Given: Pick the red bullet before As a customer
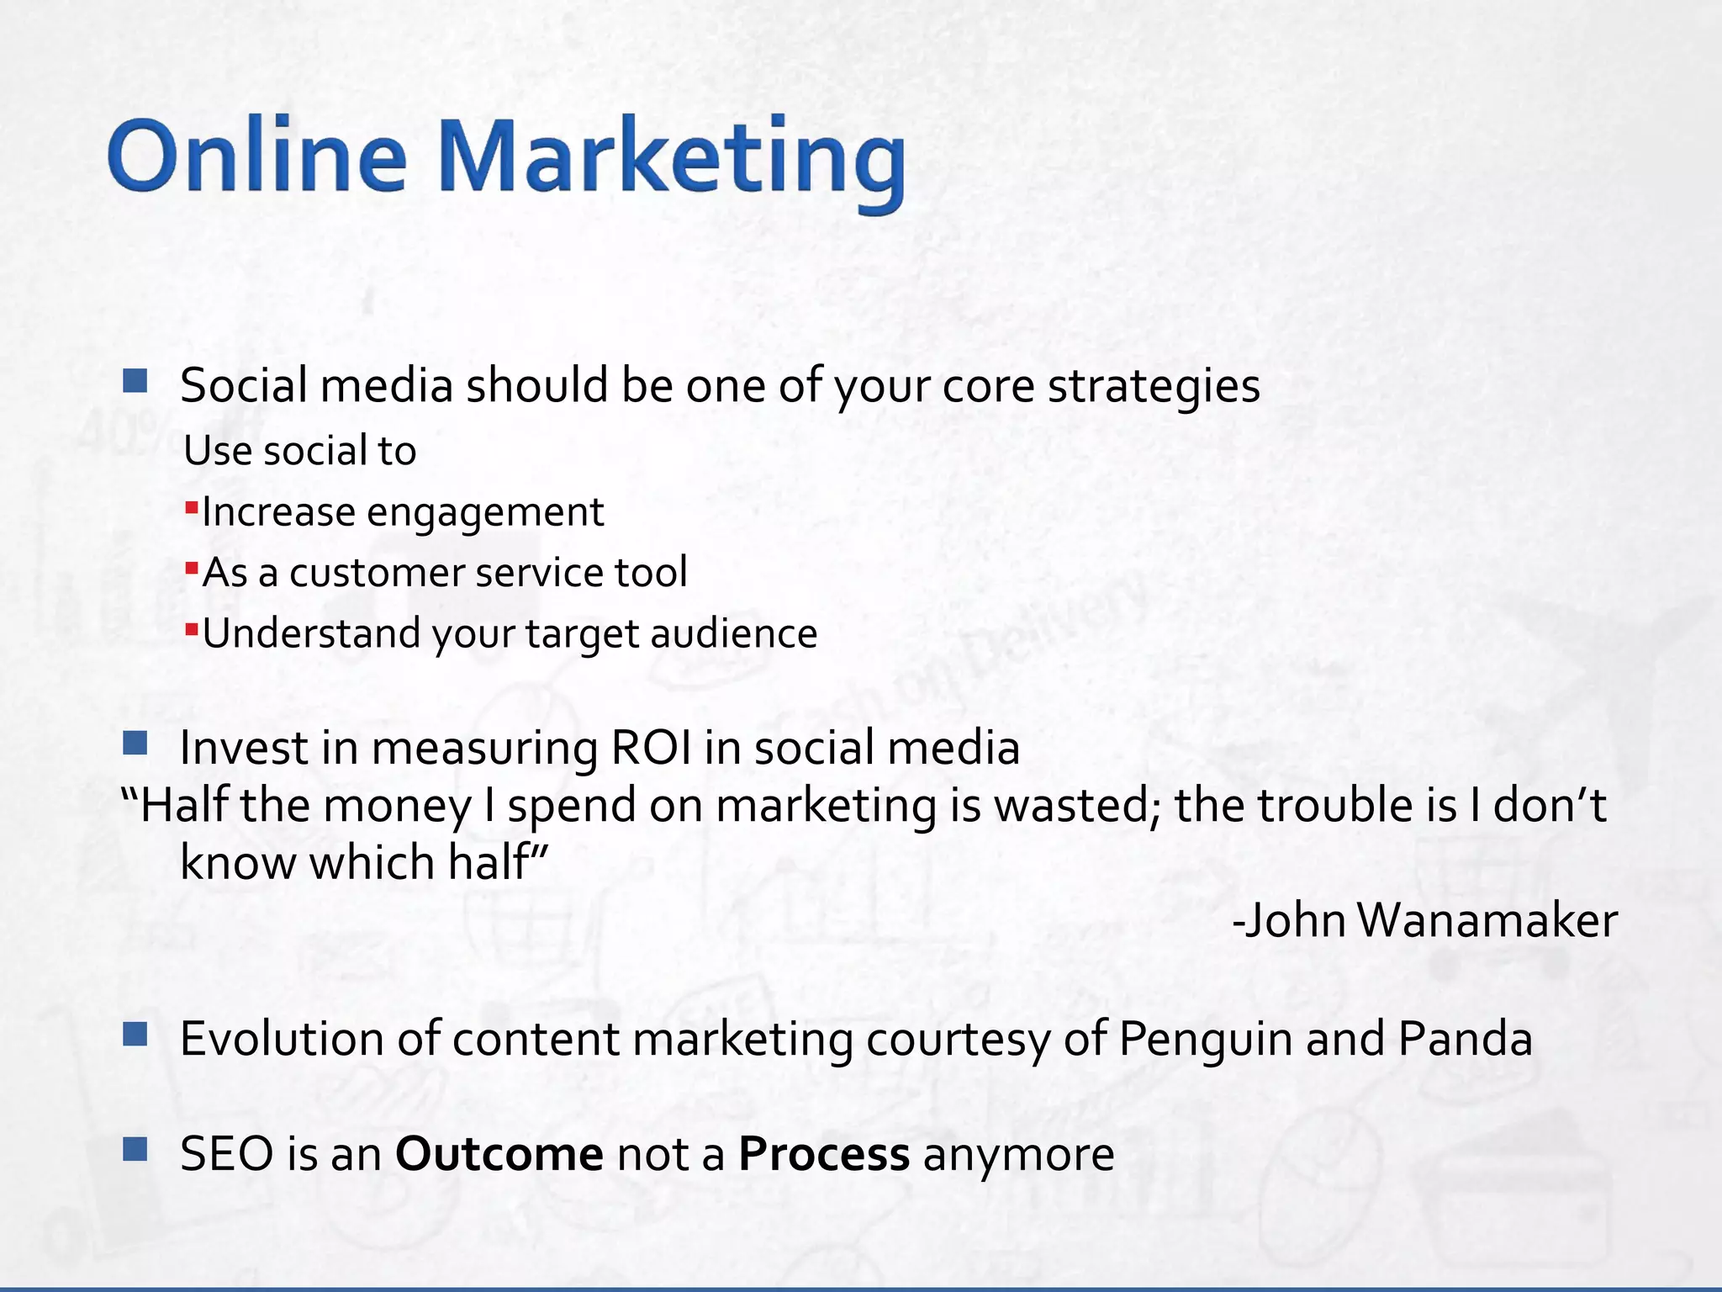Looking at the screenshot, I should [192, 568].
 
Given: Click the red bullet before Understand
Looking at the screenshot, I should [192, 628].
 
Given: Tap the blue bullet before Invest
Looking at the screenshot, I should [135, 743].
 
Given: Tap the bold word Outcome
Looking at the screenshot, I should [499, 1154].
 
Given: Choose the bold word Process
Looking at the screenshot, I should [823, 1154].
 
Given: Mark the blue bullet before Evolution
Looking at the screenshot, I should [135, 1034].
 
